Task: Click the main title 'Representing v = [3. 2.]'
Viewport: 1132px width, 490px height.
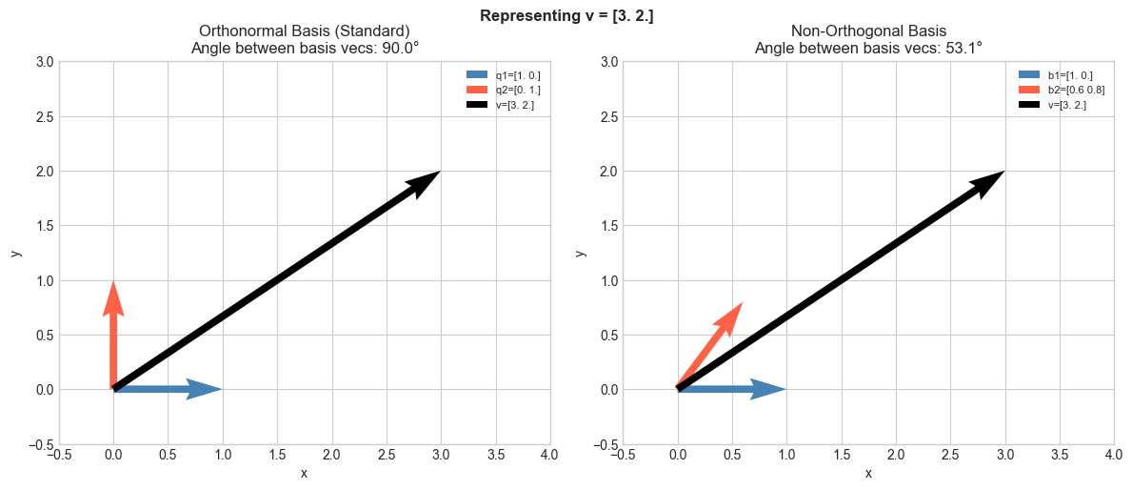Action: tap(566, 15)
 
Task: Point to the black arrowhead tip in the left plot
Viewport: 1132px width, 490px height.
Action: tap(437, 173)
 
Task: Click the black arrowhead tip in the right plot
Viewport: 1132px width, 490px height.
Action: tap(1002, 173)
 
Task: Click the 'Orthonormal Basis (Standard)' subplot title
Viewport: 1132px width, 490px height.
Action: tap(305, 31)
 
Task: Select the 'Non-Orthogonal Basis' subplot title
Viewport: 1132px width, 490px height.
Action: tap(868, 31)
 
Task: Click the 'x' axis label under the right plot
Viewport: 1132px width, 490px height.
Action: tap(868, 474)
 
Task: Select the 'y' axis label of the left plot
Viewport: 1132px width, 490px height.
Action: tap(16, 253)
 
